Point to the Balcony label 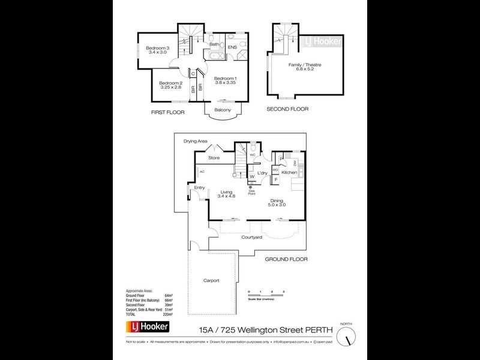223,110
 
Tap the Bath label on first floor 214,44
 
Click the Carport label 211,280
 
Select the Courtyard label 252,238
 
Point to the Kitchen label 290,173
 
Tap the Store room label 214,158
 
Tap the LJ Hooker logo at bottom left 146,327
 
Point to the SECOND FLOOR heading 288,109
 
